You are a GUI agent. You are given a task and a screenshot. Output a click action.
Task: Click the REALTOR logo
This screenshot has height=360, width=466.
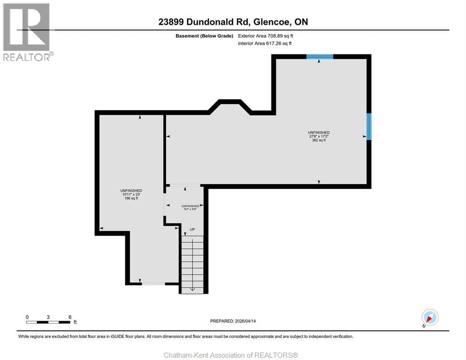tap(27, 32)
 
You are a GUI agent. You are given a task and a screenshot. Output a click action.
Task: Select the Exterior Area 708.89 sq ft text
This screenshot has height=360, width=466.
tap(265, 36)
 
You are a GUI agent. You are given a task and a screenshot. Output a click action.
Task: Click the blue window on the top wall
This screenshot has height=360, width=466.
tap(320, 56)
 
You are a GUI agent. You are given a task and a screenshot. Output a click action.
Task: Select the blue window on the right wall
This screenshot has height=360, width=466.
tap(369, 127)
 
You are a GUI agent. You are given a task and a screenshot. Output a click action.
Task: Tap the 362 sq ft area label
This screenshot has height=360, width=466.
tap(319, 140)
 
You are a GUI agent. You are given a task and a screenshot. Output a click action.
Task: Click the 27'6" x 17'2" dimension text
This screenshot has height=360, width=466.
tap(319, 136)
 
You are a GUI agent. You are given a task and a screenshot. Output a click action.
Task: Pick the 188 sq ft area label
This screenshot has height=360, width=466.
tap(131, 198)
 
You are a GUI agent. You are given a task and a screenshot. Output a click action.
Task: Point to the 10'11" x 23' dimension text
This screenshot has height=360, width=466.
tap(131, 195)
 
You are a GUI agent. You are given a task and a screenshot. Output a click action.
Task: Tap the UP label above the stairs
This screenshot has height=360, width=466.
tap(192, 229)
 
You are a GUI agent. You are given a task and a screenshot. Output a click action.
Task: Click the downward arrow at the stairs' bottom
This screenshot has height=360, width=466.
tap(192, 288)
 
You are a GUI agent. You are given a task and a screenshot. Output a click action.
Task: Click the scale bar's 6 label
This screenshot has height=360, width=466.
tap(70, 317)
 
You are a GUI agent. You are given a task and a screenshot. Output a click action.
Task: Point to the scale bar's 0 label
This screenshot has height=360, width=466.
tap(27, 317)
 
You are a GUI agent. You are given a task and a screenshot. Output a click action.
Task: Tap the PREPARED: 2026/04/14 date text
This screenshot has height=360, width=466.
tap(233, 321)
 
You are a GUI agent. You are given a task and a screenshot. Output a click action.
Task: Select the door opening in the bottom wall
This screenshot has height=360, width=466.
tap(153, 283)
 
